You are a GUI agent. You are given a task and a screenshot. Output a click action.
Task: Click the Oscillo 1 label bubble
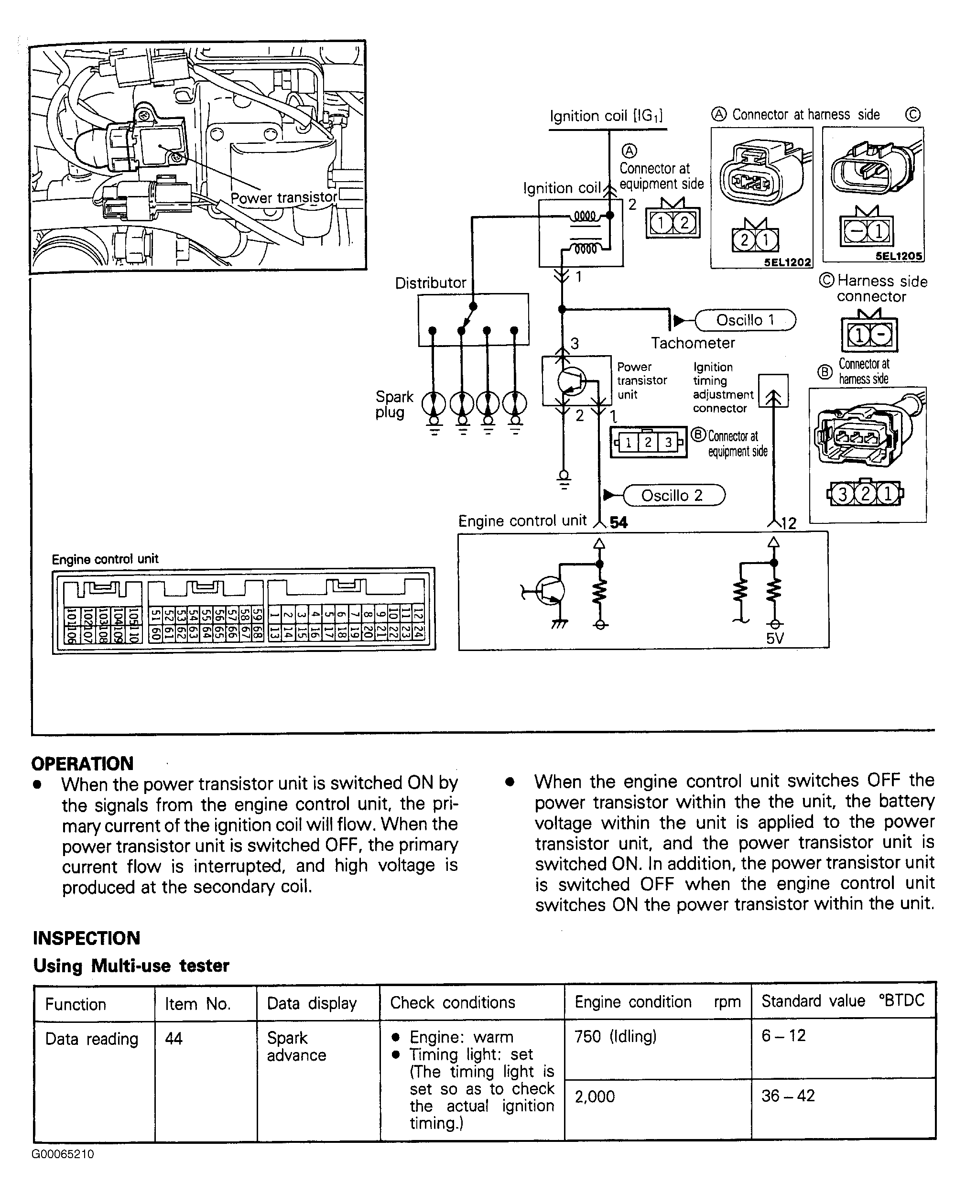[x=745, y=320]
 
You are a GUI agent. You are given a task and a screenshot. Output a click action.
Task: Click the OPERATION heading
[x=83, y=763]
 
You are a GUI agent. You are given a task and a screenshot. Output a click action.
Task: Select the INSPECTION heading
[x=87, y=938]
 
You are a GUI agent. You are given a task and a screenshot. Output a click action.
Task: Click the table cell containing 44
[x=174, y=1038]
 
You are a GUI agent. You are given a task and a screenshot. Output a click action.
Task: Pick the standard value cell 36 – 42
[x=788, y=1096]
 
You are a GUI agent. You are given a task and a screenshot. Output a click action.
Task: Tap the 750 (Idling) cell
[x=615, y=1036]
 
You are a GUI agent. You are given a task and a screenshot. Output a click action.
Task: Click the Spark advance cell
[x=296, y=1046]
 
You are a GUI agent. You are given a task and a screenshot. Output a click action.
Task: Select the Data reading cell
[x=91, y=1039]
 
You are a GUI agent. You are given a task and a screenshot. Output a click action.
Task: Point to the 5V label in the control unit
[x=775, y=639]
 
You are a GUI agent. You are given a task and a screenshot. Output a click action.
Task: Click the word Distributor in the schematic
[x=430, y=283]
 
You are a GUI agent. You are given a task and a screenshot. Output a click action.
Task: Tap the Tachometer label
[x=693, y=343]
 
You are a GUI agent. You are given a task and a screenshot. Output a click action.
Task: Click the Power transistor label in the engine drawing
[x=283, y=198]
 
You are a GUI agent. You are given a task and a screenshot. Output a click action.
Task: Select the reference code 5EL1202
[x=787, y=262]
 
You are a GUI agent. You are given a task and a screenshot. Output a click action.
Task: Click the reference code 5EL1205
[x=899, y=256]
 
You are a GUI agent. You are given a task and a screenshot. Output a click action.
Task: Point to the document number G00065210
[x=63, y=1154]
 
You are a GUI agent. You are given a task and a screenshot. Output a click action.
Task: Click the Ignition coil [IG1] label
[x=606, y=116]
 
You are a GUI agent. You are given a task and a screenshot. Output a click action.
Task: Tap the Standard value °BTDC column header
[x=843, y=1001]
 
